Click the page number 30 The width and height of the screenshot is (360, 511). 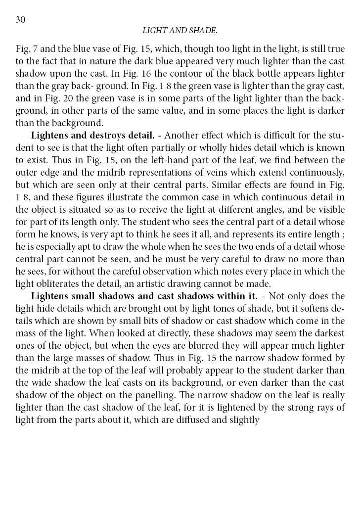point(21,19)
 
